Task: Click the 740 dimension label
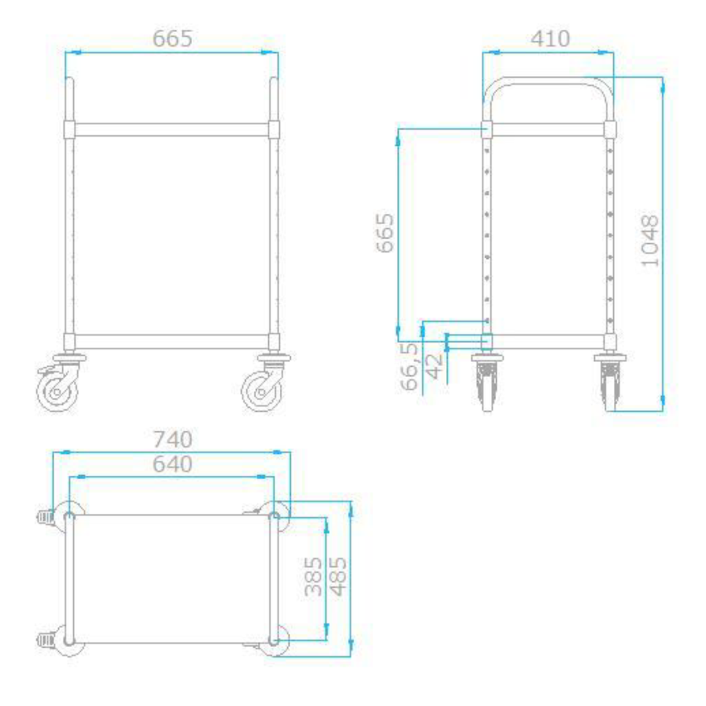pos(173,439)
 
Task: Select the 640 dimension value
pos(173,464)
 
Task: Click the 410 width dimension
pos(550,39)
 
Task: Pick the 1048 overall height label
pos(650,241)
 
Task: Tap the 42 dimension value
pos(435,366)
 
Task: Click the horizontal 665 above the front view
pos(173,39)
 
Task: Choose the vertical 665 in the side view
pos(385,233)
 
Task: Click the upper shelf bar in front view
pos(171,129)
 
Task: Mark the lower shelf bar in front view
pos(171,341)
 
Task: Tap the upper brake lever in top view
pos(44,516)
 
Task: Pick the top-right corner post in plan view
pos(274,517)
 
